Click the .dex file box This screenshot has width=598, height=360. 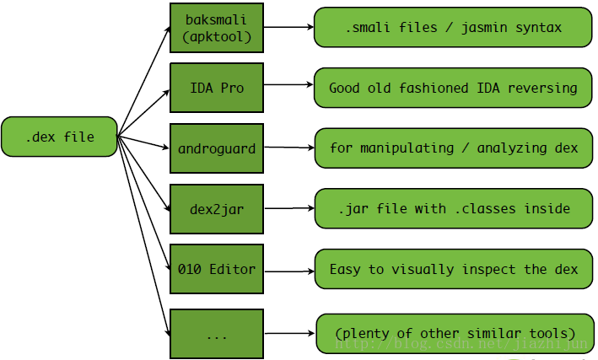pos(59,137)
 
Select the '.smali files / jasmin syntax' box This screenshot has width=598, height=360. pos(453,28)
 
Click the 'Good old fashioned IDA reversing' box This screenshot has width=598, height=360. pos(453,87)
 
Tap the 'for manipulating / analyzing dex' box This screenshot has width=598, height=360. pos(453,148)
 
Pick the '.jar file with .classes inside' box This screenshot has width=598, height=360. pos(453,208)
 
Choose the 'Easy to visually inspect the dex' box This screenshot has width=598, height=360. pos(453,269)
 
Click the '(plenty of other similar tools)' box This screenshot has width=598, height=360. pos(455,333)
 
